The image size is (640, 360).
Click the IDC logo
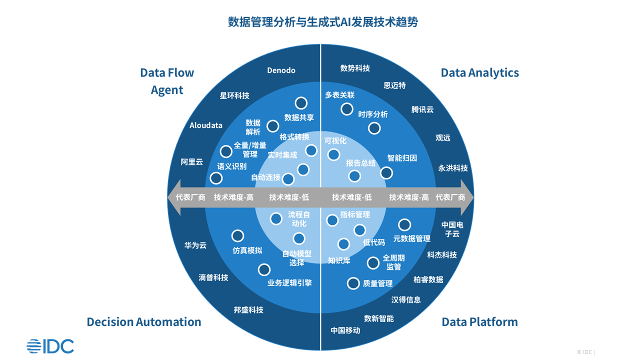(x=50, y=346)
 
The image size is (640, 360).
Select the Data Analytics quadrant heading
(x=479, y=72)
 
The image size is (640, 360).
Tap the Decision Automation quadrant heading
(x=144, y=321)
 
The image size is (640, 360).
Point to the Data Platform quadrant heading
(x=479, y=321)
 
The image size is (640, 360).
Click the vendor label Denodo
(x=281, y=70)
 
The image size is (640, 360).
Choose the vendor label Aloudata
(x=206, y=125)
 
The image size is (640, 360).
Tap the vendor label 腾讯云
(x=422, y=109)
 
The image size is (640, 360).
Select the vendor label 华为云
(x=195, y=245)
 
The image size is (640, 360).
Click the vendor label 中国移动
(x=345, y=330)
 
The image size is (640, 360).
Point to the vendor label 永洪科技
(x=453, y=168)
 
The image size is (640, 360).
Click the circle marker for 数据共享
(x=301, y=103)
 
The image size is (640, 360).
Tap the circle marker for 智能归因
(x=386, y=173)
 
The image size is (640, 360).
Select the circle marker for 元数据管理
(x=404, y=225)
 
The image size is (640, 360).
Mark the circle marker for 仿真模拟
(x=238, y=235)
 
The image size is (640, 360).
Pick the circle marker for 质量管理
(x=353, y=283)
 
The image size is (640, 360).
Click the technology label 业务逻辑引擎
(x=289, y=283)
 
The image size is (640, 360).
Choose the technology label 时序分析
(x=373, y=114)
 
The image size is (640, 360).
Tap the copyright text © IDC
(x=585, y=352)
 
